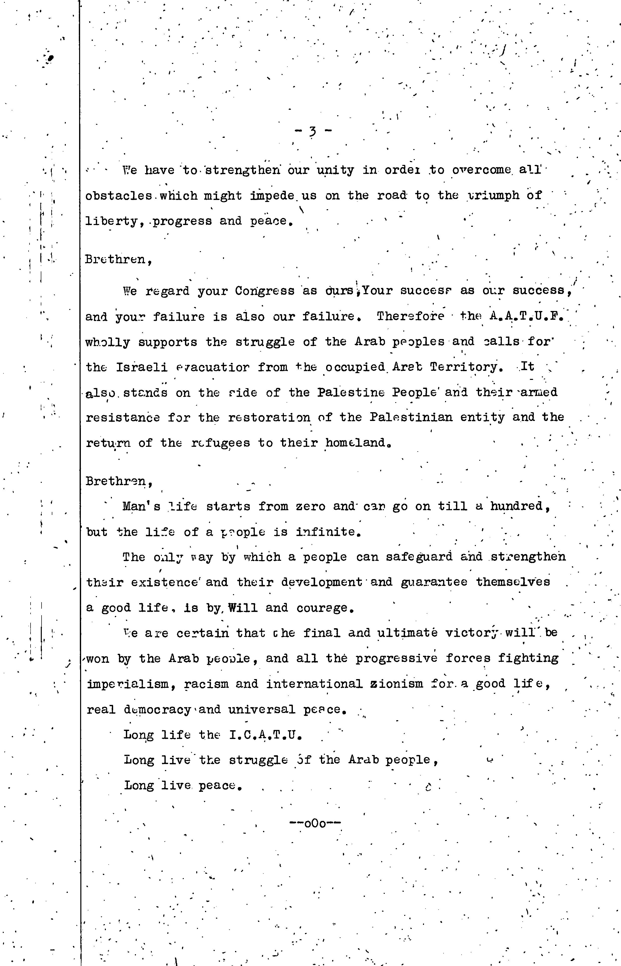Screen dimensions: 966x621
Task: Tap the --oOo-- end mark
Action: [x=315, y=823]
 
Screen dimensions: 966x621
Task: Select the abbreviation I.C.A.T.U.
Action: [x=265, y=735]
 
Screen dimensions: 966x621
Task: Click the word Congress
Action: [x=265, y=291]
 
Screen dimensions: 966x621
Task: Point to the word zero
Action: [x=310, y=506]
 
